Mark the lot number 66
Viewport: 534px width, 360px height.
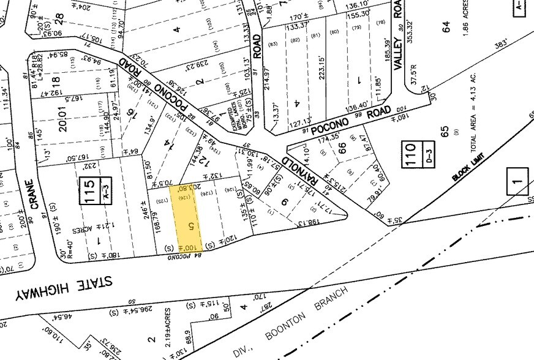point(343,148)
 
